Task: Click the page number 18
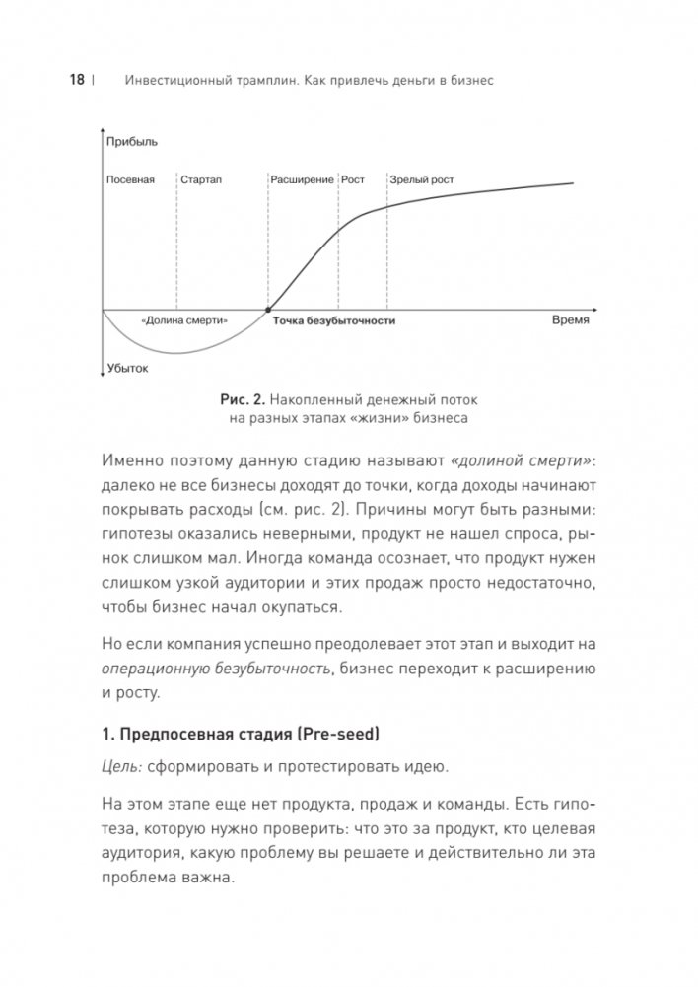click(77, 82)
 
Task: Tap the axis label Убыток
click(127, 369)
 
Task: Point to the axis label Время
click(569, 320)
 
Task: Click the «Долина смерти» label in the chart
click(184, 320)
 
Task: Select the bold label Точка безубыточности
click(333, 321)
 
